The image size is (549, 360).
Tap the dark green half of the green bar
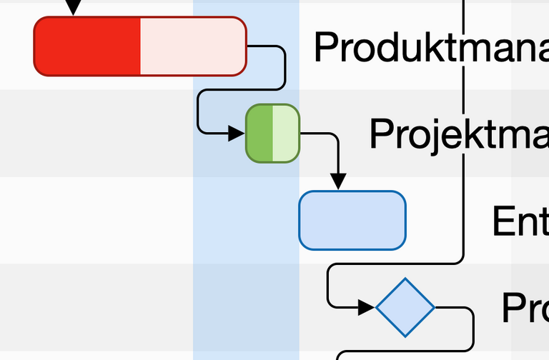[x=259, y=133]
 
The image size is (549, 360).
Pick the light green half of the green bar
[x=285, y=133]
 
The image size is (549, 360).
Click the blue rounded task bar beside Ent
[x=352, y=220]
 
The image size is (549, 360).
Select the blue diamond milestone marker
[x=405, y=307]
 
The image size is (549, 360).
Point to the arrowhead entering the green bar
[x=237, y=133]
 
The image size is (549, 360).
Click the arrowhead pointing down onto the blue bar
[x=338, y=181]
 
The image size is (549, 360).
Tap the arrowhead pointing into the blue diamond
[x=366, y=307]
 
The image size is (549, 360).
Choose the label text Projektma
[x=458, y=134]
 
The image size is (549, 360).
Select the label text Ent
[x=520, y=221]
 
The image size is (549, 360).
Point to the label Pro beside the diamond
[x=525, y=308]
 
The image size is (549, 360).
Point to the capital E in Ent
[x=503, y=221]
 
